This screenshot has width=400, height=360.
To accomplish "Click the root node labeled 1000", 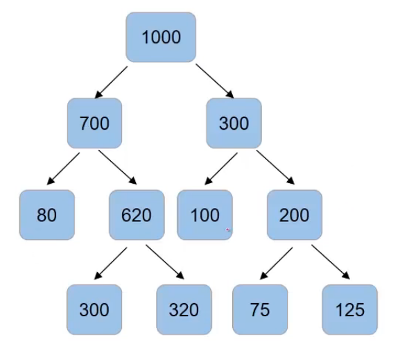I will pos(161,37).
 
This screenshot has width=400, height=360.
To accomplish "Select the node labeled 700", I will pos(95,123).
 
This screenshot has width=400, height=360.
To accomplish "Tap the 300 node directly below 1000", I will pos(234,123).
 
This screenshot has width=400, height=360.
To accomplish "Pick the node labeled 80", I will pos(46,215).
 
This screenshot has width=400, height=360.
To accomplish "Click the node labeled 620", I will pos(136,215).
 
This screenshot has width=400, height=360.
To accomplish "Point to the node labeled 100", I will pos(205,215).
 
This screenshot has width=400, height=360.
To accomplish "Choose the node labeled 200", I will pos(295,215).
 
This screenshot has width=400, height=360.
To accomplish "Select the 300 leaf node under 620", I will pos(94,309).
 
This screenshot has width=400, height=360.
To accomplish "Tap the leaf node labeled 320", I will pos(184,309).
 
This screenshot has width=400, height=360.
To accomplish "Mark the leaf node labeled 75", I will pos(260,309).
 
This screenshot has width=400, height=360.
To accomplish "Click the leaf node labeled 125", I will pos(349,309).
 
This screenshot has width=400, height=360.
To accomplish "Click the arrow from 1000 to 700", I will pos(112,81).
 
